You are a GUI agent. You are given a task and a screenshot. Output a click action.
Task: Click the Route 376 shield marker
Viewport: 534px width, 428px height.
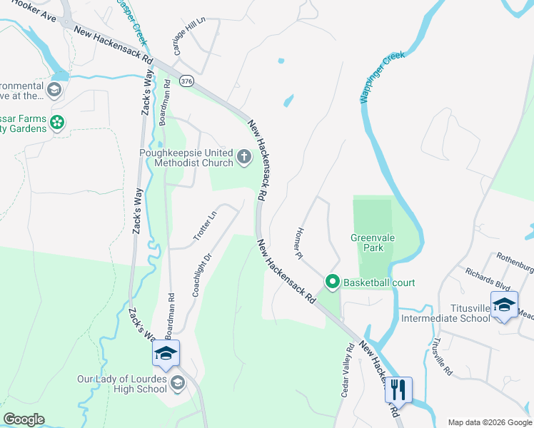186,81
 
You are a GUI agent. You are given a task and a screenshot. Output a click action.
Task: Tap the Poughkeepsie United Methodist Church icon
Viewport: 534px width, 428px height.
244,157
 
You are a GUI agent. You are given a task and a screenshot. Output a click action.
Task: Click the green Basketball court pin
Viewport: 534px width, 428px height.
332,282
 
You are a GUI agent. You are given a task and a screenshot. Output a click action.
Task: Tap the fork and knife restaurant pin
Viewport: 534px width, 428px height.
398,389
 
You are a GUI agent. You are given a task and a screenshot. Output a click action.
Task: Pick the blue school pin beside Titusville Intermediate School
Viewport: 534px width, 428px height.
504,305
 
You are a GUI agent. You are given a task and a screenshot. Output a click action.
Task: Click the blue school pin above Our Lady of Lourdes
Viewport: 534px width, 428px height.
166,353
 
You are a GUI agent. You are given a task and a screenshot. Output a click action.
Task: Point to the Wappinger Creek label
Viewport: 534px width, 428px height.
383,77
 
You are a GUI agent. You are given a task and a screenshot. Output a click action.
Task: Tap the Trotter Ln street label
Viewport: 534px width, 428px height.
203,226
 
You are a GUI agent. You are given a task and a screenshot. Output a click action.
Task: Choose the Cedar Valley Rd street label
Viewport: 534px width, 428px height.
347,371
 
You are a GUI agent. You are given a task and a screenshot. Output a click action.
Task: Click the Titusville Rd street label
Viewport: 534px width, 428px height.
439,356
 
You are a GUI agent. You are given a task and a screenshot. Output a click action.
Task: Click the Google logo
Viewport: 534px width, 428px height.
24,419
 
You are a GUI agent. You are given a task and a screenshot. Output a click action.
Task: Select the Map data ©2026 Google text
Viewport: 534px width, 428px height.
488,422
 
